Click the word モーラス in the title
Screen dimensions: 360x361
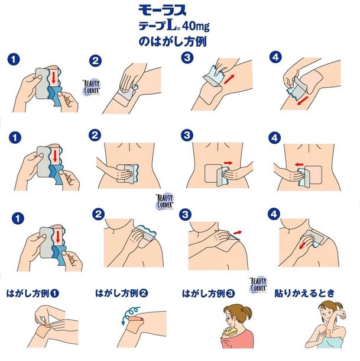click(x=162, y=11)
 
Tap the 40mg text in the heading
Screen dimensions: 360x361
click(x=196, y=27)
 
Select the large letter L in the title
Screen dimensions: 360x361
click(x=171, y=25)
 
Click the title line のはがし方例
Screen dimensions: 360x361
click(x=173, y=42)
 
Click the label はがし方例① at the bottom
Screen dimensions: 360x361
click(x=33, y=294)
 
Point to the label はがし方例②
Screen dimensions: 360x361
click(x=121, y=294)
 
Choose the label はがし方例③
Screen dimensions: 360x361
click(x=208, y=294)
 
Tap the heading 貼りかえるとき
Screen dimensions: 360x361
click(x=304, y=294)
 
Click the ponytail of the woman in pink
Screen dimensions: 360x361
click(x=247, y=312)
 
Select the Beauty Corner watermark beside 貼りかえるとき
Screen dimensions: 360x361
click(x=258, y=285)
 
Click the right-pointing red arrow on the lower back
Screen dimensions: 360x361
click(x=228, y=163)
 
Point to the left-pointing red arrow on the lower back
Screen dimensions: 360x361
click(x=299, y=165)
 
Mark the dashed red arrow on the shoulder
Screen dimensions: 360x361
click(x=304, y=245)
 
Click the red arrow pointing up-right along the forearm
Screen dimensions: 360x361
click(x=229, y=79)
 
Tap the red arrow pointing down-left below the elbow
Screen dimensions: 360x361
click(x=303, y=101)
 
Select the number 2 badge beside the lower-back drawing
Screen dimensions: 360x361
click(x=95, y=135)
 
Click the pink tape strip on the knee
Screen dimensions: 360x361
click(x=136, y=320)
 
